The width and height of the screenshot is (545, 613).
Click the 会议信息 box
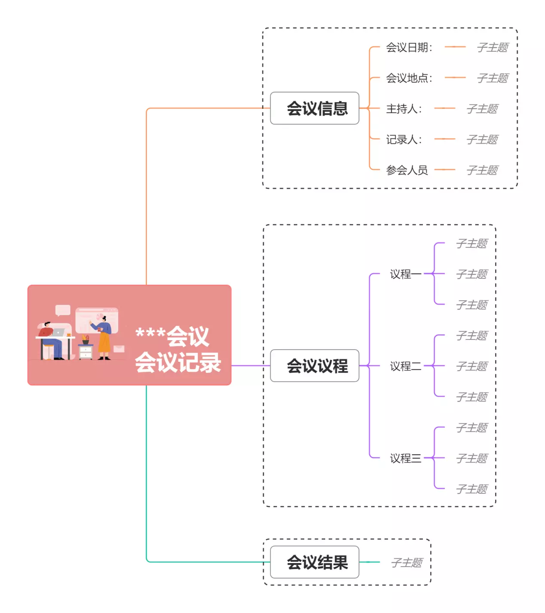pyautogui.click(x=314, y=108)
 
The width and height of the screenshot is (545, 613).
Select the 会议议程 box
pyautogui.click(x=314, y=366)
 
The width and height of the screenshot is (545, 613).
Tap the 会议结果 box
pyautogui.click(x=314, y=562)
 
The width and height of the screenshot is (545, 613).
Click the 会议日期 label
pyautogui.click(x=409, y=47)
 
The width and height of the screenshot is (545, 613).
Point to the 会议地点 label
pyautogui.click(x=409, y=78)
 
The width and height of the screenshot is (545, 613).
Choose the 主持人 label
pyautogui.click(x=403, y=109)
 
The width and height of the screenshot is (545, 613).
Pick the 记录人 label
pyautogui.click(x=403, y=139)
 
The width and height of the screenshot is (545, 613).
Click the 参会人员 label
pyautogui.click(x=407, y=170)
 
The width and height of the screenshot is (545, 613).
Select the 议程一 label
pyautogui.click(x=405, y=274)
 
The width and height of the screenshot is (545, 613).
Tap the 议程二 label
pyautogui.click(x=405, y=366)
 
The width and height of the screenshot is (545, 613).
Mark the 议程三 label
pyautogui.click(x=405, y=458)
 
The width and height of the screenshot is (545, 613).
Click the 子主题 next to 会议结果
pyautogui.click(x=406, y=562)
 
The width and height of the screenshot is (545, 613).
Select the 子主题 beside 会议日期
pyautogui.click(x=493, y=47)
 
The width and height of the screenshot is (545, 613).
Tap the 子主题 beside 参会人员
pyautogui.click(x=482, y=170)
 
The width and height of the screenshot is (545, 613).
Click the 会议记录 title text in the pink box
pyautogui.click(x=178, y=362)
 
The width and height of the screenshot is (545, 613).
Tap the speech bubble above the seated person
pyautogui.click(x=63, y=310)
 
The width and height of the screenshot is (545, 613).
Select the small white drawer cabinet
pyautogui.click(x=86, y=351)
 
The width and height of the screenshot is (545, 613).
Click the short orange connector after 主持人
pyautogui.click(x=445, y=108)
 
